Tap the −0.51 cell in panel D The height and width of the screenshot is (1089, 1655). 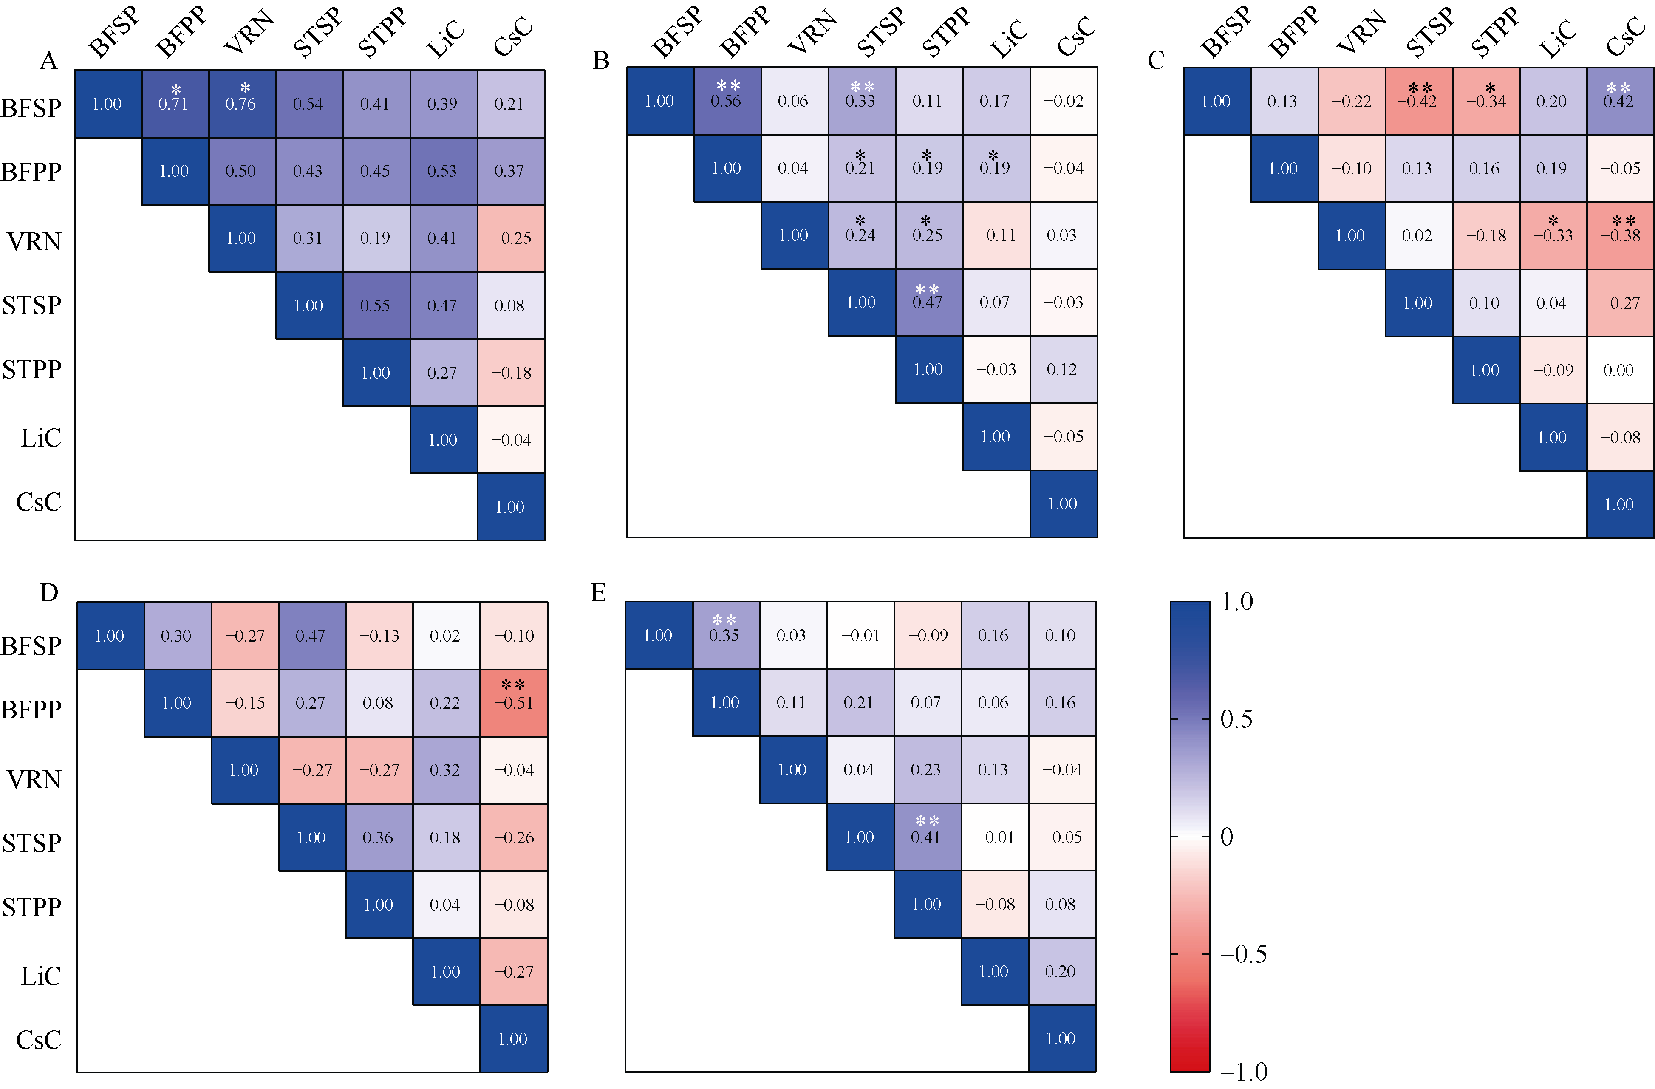coord(513,702)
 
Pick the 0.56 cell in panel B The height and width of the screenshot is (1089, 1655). coord(726,101)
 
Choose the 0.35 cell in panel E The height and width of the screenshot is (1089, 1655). coord(724,635)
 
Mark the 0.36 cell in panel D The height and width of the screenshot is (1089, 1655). coord(378,837)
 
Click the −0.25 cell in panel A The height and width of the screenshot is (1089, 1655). coord(511,238)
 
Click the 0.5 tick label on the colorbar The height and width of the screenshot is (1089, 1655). coord(1237,719)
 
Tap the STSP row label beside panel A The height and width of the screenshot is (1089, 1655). coord(32,305)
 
